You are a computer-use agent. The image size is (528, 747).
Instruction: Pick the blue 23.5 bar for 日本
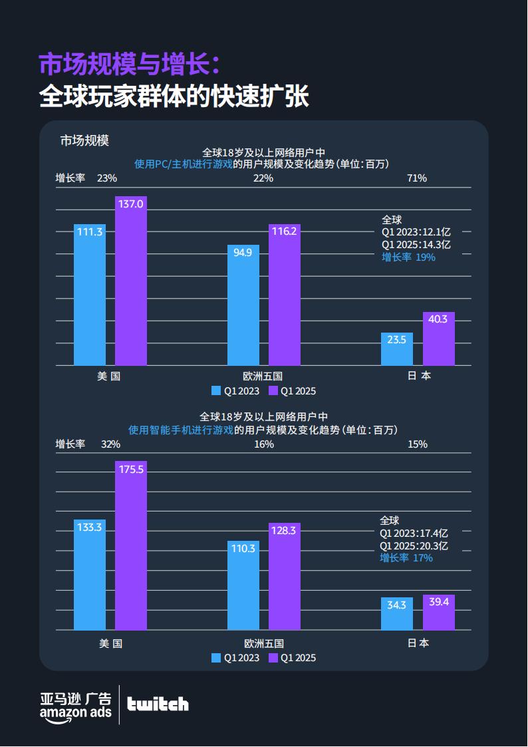397,349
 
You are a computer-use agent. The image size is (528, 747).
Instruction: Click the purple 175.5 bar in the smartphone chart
131,545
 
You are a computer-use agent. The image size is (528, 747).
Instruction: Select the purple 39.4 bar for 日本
439,613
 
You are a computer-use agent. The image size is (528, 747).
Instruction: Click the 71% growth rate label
416,178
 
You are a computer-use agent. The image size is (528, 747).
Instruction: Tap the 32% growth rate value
110,444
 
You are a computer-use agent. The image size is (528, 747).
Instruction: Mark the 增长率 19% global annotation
408,257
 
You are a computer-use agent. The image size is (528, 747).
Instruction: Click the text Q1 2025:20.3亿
414,545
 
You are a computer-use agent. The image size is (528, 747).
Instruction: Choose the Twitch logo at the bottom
158,704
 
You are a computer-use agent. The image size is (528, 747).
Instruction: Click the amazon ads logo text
75,712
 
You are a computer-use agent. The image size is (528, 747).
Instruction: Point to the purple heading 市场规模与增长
128,65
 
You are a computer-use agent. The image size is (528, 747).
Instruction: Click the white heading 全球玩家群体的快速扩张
174,97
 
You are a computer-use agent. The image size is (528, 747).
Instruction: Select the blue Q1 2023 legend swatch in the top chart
216,390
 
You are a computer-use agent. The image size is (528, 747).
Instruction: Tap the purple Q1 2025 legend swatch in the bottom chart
273,658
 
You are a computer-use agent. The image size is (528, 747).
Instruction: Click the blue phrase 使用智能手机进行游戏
180,430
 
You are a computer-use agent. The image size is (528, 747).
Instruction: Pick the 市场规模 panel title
84,140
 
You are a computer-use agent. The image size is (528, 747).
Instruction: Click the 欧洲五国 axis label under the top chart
263,376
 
